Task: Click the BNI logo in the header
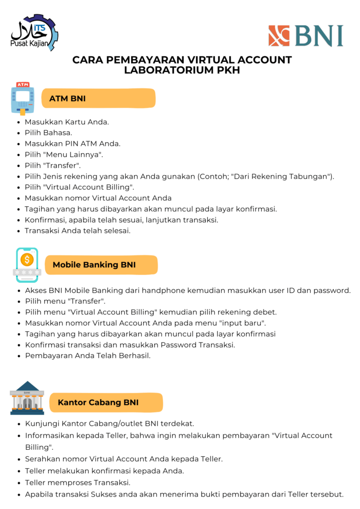(x=305, y=36)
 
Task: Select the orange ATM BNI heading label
(x=98, y=98)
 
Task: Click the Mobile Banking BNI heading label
(x=101, y=265)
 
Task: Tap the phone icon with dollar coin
(x=27, y=264)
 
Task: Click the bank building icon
(x=27, y=398)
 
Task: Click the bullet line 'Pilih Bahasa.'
(x=48, y=133)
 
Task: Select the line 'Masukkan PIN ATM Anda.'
(x=73, y=144)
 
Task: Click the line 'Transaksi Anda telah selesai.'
(x=78, y=231)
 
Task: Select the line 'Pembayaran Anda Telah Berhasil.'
(x=88, y=356)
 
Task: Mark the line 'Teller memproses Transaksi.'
(x=78, y=483)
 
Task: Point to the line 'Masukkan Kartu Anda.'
(x=67, y=122)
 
